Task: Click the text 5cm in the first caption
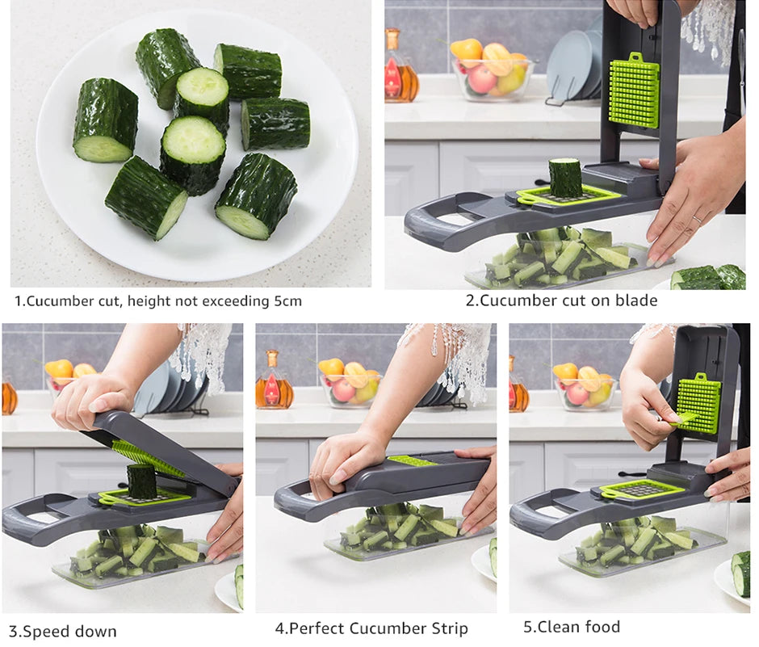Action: tap(286, 301)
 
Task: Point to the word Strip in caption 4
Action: tap(446, 628)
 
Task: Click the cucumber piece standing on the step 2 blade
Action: tap(565, 177)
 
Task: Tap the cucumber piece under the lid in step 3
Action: tap(141, 480)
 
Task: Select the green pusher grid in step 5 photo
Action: tap(698, 403)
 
